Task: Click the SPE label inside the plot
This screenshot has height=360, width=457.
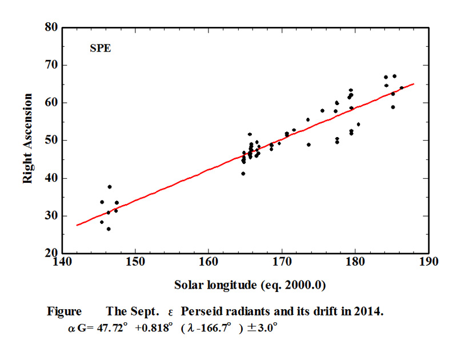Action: point(100,49)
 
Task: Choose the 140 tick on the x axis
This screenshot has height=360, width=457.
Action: point(61,262)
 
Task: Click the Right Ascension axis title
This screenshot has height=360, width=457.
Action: point(27,140)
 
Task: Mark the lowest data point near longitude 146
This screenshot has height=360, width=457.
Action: point(109,229)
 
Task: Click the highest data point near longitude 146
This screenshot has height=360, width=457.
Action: point(110,187)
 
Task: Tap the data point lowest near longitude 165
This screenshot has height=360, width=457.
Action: point(243,174)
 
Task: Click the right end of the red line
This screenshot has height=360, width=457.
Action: point(414,84)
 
